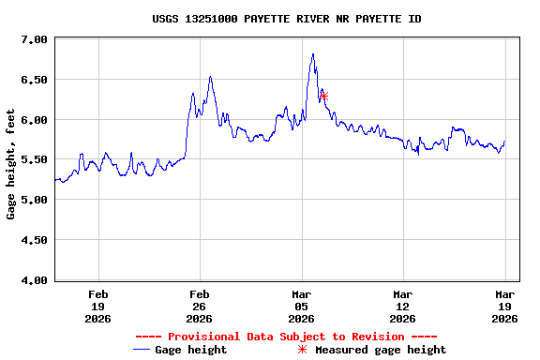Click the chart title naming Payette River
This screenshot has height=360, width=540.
pos(286,19)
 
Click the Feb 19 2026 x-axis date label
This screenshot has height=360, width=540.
pos(97,306)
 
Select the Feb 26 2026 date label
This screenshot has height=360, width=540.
pos(200,306)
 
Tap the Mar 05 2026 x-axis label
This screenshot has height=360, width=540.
pos(301,306)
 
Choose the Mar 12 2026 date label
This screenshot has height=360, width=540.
pos(403,306)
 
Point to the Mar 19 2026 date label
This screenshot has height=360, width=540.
pos(504,306)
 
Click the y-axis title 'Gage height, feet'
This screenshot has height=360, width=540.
pos(11,165)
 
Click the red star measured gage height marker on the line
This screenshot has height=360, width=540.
pos(323,97)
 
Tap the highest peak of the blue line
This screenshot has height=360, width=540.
pos(313,54)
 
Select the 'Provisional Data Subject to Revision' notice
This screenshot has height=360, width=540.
pos(286,337)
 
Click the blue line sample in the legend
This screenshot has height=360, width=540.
pos(142,350)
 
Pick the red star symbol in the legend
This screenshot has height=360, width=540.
pos(302,350)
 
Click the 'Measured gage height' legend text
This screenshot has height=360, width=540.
pos(381,350)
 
